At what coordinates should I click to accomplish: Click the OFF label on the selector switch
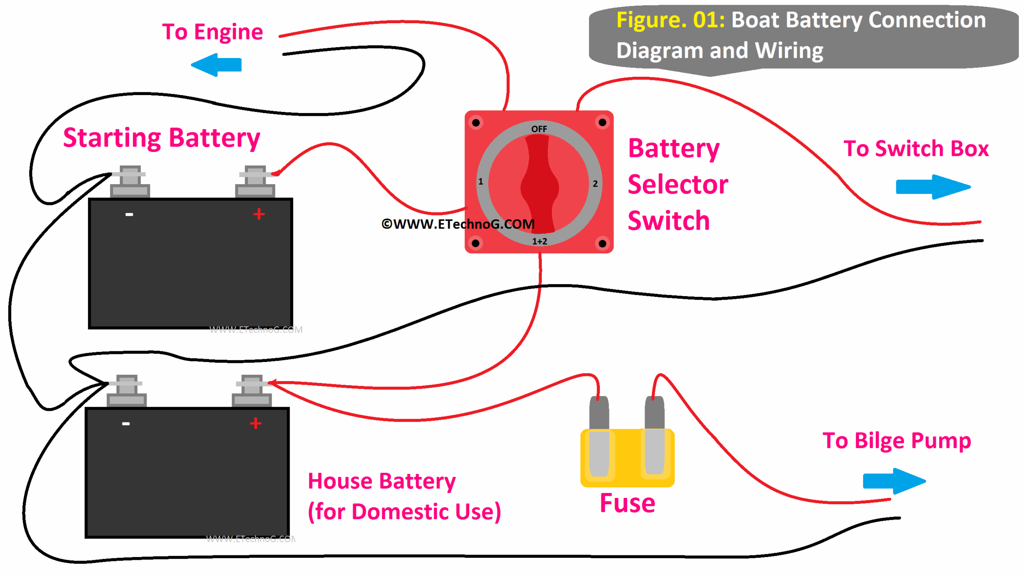538,129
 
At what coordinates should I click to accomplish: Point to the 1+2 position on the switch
539,241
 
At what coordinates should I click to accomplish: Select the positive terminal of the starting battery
255,181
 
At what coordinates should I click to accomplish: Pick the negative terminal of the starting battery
130,181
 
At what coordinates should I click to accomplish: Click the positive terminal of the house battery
252,390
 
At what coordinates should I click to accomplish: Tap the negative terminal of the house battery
126,390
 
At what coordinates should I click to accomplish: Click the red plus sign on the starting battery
259,214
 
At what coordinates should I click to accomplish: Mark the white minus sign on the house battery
126,423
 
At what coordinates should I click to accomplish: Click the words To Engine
212,32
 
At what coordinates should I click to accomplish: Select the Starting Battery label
161,138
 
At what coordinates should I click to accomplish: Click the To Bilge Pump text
896,440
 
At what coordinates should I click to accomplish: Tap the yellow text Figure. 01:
670,20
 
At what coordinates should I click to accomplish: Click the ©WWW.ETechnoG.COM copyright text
458,224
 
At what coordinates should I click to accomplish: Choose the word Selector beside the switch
677,185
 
